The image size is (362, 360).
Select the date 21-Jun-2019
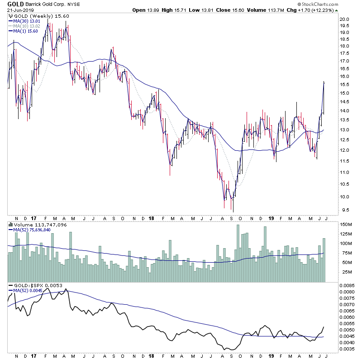tap(21, 10)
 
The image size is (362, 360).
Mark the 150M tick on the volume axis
tap(347, 225)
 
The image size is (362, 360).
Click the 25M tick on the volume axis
tap(346, 272)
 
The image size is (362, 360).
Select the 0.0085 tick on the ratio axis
tap(348, 286)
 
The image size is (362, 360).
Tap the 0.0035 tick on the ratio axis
tap(348, 350)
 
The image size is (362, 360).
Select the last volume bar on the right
tap(324, 260)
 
